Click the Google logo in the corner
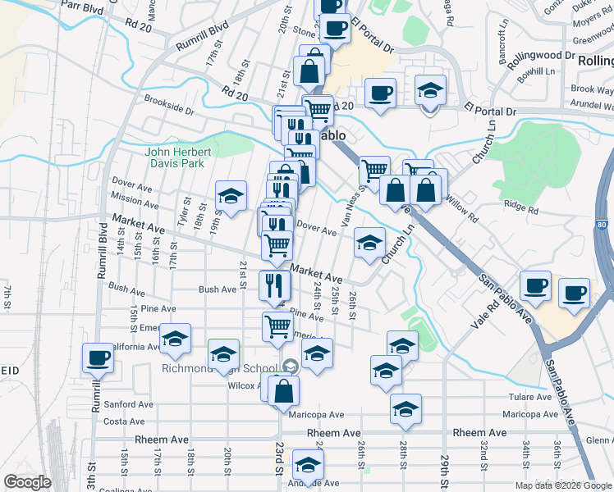[x=28, y=482]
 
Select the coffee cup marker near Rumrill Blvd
[x=99, y=358]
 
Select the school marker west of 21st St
[x=231, y=195]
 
